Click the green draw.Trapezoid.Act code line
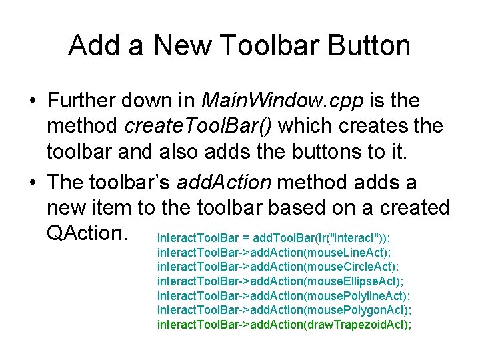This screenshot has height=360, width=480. click(x=284, y=325)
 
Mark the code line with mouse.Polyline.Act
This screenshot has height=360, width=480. click(x=283, y=295)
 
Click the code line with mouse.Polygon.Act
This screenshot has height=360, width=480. click(x=284, y=310)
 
